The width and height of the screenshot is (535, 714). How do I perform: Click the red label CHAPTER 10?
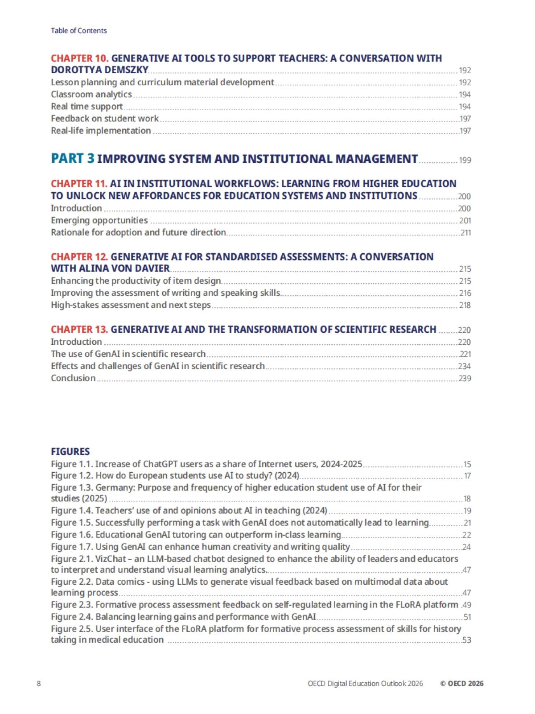tap(79, 58)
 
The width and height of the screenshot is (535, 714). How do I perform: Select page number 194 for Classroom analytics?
tap(465, 95)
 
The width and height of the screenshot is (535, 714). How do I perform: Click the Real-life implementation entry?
tap(101, 131)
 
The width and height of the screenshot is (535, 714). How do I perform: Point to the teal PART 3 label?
tap(73, 159)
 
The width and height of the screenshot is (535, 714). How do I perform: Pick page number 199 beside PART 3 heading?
tap(465, 160)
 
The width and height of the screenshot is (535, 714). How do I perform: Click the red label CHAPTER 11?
tap(79, 184)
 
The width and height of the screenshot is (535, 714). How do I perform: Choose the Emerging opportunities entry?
tap(99, 220)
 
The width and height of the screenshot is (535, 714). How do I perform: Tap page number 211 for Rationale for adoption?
tap(465, 233)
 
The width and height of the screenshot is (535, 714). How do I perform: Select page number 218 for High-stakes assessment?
tap(465, 305)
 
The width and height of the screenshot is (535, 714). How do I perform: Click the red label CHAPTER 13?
tap(79, 330)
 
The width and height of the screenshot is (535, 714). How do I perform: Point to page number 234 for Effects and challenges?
tap(465, 367)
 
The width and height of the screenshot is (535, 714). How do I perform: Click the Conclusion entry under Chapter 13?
tap(73, 378)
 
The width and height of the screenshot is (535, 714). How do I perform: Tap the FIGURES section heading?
tap(70, 451)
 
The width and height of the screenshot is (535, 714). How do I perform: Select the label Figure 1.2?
tap(72, 476)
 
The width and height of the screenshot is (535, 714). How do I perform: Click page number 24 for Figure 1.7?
tap(466, 547)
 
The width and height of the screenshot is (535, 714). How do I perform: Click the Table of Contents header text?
tap(79, 31)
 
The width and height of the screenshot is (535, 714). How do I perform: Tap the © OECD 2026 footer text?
tap(461, 684)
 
